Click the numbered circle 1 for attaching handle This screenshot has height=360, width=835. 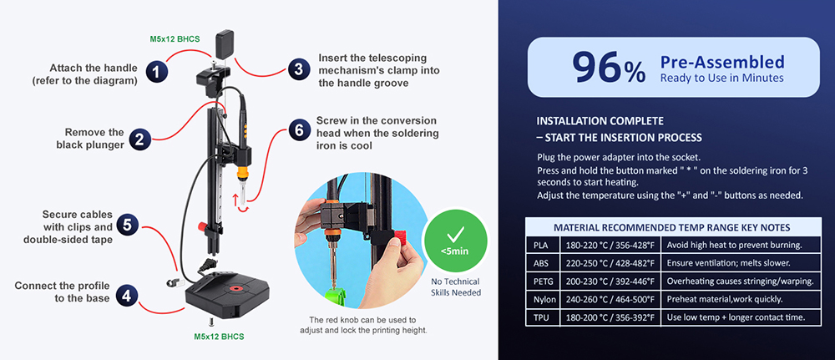point(154,72)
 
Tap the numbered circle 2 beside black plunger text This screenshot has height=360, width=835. point(140,139)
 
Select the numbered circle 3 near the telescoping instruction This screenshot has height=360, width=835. point(297,70)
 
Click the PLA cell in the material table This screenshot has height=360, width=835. point(542,246)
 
